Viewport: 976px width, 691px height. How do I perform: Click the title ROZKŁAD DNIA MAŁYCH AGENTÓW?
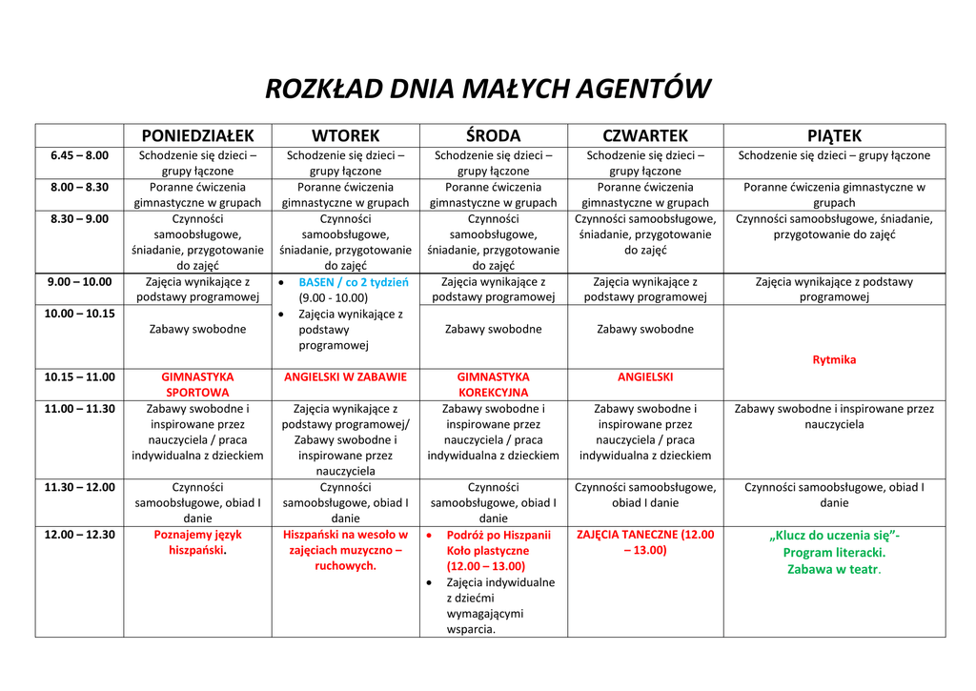pyautogui.click(x=487, y=89)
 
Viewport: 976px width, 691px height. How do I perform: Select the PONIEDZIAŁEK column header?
pyautogui.click(x=197, y=135)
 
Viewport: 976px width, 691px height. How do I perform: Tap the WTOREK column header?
pyautogui.click(x=345, y=135)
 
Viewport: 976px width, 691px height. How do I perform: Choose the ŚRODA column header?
pyautogui.click(x=493, y=135)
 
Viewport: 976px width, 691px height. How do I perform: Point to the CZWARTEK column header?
pyautogui.click(x=645, y=135)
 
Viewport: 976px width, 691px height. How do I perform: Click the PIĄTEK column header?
pyautogui.click(x=834, y=135)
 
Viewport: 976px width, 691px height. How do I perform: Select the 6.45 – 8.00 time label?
pyautogui.click(x=79, y=155)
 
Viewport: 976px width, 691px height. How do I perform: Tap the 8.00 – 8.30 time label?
pyautogui.click(x=79, y=187)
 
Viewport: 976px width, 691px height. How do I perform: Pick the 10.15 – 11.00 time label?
pyautogui.click(x=79, y=376)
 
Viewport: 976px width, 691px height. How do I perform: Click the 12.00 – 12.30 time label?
pyautogui.click(x=79, y=535)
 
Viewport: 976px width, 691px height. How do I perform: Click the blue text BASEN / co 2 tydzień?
pyautogui.click(x=353, y=282)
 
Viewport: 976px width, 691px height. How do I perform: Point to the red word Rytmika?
pyautogui.click(x=834, y=359)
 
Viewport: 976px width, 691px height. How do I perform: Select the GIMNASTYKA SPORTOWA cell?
pyautogui.click(x=197, y=384)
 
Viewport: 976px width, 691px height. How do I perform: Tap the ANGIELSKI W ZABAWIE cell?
pyautogui.click(x=345, y=376)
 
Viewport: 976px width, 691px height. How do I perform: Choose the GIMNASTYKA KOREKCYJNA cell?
pyautogui.click(x=493, y=384)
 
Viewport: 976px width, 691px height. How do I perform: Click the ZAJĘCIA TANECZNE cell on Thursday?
pyautogui.click(x=645, y=542)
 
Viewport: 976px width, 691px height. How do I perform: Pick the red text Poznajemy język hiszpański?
pyautogui.click(x=197, y=542)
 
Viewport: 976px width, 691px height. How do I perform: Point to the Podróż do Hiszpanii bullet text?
pyautogui.click(x=498, y=535)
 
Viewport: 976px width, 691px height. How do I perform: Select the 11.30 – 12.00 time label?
pyautogui.click(x=79, y=487)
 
